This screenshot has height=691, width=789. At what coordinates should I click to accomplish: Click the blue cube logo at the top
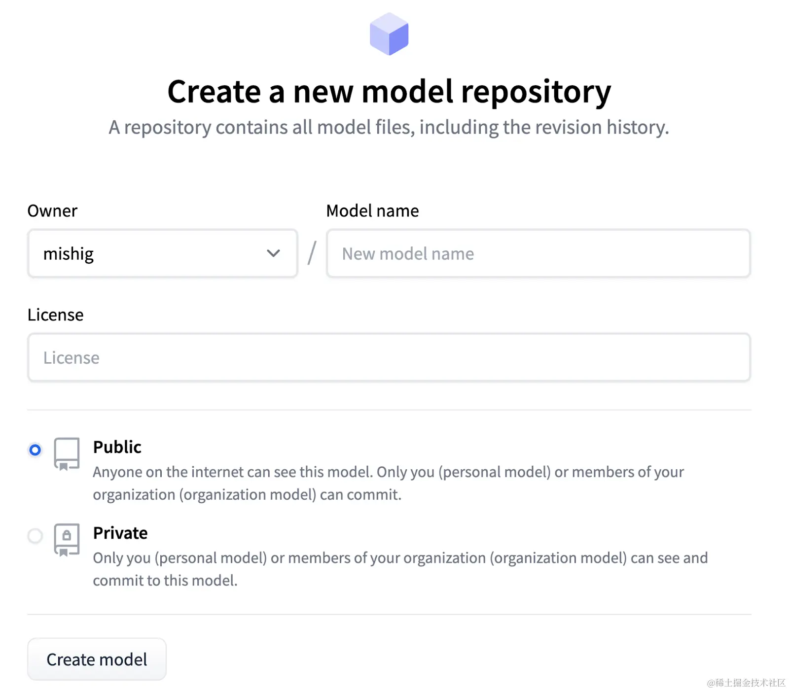click(389, 34)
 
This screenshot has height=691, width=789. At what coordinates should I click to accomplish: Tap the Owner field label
click(52, 211)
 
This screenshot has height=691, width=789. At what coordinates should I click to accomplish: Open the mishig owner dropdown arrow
click(273, 253)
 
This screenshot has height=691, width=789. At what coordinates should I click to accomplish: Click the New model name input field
click(538, 253)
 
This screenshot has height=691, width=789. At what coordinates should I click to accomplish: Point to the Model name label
click(372, 211)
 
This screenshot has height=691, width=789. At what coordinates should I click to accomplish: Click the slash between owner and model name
click(312, 253)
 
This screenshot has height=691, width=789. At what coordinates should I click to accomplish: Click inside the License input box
click(389, 357)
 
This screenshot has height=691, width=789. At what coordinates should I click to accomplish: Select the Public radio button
click(35, 449)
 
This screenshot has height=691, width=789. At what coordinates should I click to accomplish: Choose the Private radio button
click(35, 535)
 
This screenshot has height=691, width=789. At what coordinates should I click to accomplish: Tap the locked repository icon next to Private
click(67, 539)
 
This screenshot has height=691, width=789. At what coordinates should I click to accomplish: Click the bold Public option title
click(117, 447)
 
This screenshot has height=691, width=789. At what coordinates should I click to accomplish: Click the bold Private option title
click(120, 533)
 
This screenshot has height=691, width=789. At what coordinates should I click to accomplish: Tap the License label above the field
click(56, 315)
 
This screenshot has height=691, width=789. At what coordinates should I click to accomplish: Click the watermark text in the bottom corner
click(746, 683)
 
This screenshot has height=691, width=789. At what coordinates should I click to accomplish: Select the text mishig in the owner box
click(69, 254)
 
